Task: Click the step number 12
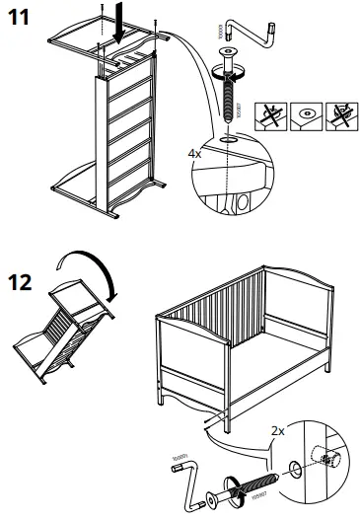[22, 282]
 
